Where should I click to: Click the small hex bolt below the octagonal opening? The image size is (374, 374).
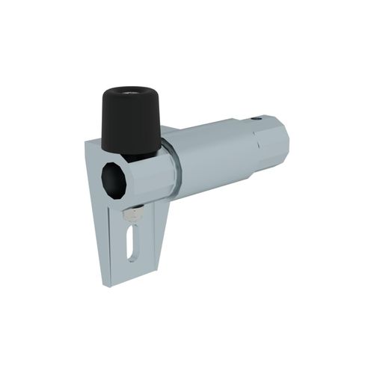coord(131,216)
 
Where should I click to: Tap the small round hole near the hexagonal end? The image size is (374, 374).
coord(258,117)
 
